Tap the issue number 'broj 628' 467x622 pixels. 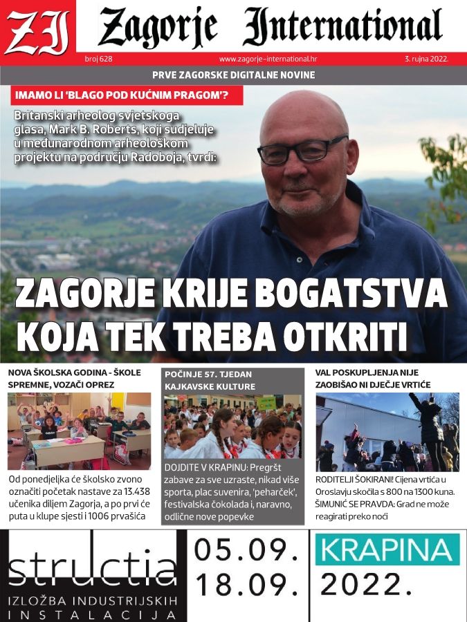point(98,59)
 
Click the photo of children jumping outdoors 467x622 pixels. point(387,432)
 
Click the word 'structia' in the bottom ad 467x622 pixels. point(93,569)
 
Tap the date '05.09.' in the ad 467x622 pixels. point(246,551)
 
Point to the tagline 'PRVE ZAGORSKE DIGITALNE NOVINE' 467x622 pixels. point(233,75)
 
